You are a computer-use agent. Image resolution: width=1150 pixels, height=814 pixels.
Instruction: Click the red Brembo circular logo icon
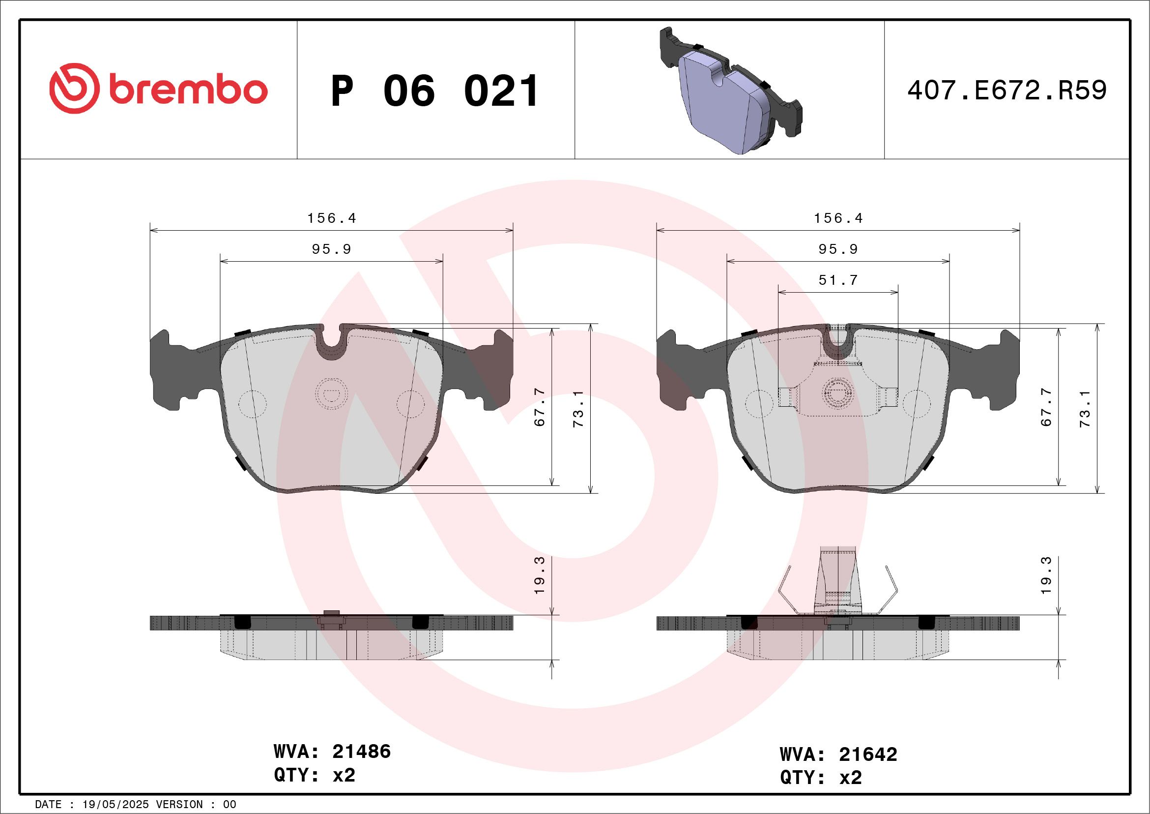(x=74, y=88)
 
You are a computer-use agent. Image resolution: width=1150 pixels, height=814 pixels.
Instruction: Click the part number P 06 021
(x=435, y=91)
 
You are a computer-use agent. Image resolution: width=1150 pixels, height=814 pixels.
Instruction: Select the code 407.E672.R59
(x=1007, y=90)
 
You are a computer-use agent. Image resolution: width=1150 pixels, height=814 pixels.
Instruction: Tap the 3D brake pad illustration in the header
(x=729, y=90)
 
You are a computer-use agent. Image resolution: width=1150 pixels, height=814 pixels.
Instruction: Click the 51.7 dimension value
(x=838, y=280)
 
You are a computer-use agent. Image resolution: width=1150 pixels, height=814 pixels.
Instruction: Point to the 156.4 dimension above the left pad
(x=332, y=218)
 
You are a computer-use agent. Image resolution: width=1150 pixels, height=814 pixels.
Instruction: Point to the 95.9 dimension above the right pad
(x=838, y=249)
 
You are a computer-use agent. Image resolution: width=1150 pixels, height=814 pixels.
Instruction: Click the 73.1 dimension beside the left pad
(x=578, y=409)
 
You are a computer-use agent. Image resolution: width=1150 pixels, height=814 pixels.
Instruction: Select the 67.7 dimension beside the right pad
(x=1046, y=408)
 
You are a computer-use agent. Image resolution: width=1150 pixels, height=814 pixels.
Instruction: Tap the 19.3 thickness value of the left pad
(x=540, y=575)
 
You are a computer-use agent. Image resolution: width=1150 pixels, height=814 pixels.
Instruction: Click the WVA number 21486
(x=361, y=752)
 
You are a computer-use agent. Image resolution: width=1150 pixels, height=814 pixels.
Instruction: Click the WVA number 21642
(x=868, y=754)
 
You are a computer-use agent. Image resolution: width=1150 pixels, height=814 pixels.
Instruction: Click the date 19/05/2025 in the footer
(x=115, y=805)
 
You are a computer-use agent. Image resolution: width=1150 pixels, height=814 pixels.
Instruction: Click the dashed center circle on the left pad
(x=332, y=393)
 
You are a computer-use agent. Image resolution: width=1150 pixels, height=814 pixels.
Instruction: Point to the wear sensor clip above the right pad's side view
(x=838, y=581)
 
